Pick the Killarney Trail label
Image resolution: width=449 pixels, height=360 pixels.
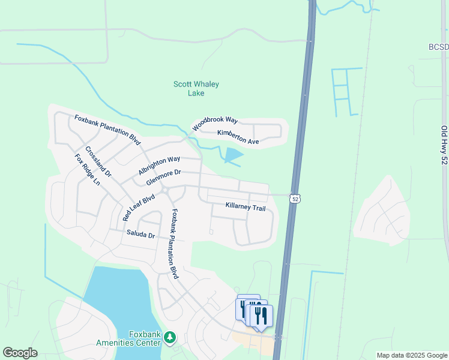click(245, 207)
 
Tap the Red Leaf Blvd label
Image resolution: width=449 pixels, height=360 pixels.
click(139, 206)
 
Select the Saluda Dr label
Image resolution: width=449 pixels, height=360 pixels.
click(140, 234)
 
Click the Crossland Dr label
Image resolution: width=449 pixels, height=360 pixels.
click(98, 161)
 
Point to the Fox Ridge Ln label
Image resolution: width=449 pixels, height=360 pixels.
click(87, 170)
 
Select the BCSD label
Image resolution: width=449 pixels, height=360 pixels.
click(438, 47)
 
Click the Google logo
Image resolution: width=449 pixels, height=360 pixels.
click(20, 353)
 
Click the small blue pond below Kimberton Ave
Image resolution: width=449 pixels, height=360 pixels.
click(234, 155)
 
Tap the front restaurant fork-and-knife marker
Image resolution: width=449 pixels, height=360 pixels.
click(261, 316)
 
